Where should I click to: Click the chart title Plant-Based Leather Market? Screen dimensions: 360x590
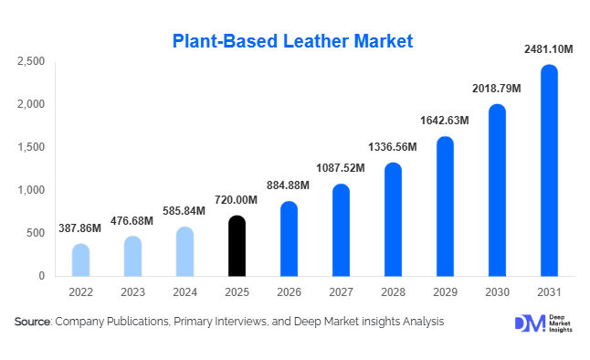click(293, 41)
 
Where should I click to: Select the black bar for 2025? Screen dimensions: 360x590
click(237, 246)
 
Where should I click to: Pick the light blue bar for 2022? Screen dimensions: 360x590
click(80, 260)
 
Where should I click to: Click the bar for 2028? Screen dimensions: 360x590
click(393, 219)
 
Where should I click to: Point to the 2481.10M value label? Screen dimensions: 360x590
click(548, 48)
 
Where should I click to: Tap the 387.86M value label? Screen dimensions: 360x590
click(80, 227)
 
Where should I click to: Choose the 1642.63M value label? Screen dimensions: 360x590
click(444, 120)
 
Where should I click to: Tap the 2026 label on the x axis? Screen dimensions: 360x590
click(289, 292)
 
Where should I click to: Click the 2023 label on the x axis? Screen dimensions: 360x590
click(132, 292)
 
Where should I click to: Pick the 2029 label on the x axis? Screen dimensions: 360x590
click(445, 292)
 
